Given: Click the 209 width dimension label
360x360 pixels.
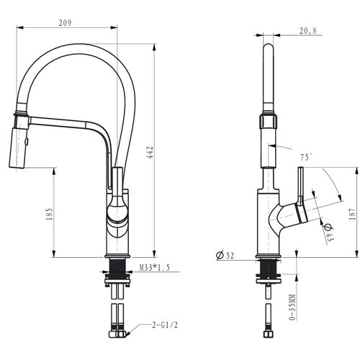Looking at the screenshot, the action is tap(65, 23).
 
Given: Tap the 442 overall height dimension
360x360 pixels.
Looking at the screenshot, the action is tap(150, 153).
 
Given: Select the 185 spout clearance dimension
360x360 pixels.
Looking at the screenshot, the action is tap(49, 215).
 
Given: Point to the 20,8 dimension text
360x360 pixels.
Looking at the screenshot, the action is tap(308, 31).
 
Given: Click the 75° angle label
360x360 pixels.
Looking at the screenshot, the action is tap(307, 157).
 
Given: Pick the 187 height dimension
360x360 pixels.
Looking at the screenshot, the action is tap(352, 214).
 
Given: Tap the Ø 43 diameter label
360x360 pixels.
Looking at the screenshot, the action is tap(328, 232).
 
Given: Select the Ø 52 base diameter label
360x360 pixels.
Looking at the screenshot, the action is tap(225, 255).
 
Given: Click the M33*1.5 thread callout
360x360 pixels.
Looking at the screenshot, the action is tap(155, 267).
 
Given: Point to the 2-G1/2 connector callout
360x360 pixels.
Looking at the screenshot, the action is tap(165, 325).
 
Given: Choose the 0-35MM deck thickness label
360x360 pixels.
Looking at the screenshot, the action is tap(292, 307).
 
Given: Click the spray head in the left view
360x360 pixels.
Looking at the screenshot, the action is tap(17, 148).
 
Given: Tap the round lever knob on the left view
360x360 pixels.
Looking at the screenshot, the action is tap(117, 210).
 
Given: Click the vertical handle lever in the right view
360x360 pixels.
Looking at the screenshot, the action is tap(301, 186).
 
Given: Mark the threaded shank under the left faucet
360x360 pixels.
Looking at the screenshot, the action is tap(117, 269).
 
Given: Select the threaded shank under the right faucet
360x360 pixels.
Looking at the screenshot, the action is tap(269, 269).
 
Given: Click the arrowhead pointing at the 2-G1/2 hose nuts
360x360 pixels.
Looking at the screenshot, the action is tap(127, 333).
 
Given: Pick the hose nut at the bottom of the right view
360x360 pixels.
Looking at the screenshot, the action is tap(269, 334).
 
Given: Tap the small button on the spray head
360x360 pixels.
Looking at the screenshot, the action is tap(27, 142).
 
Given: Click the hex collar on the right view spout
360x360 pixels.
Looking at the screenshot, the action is tap(268, 122).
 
